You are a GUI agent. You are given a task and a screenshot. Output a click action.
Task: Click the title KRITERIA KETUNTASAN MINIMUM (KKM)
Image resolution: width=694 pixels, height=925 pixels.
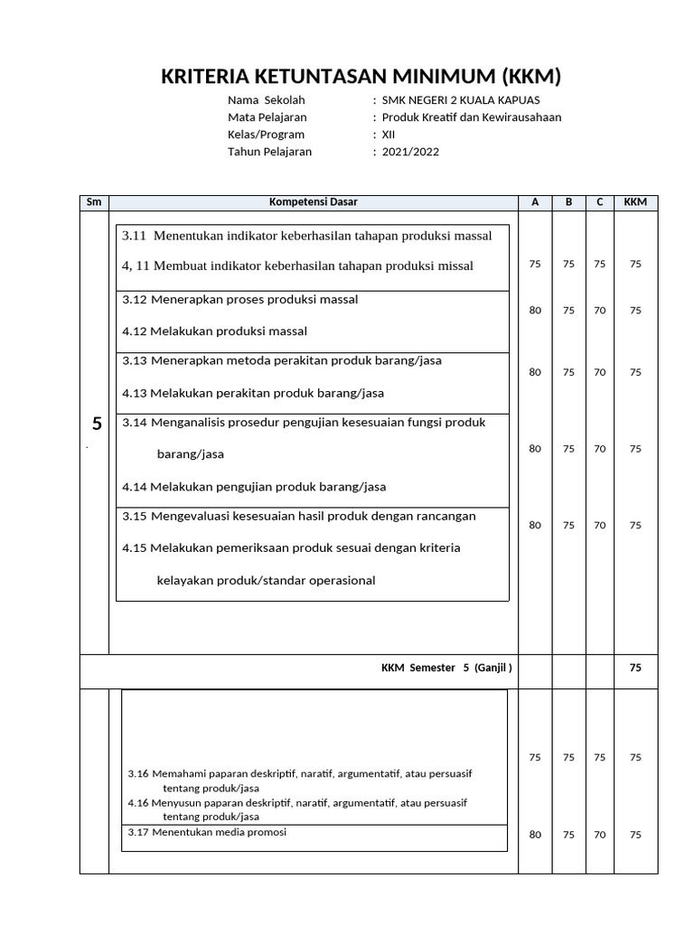click(x=361, y=76)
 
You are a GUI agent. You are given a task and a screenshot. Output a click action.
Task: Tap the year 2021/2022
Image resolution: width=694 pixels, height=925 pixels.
click(x=410, y=152)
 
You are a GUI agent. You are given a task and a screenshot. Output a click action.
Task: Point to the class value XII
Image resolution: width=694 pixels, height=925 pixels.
click(x=389, y=135)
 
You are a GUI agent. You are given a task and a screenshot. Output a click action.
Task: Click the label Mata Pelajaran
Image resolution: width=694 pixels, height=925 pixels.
click(x=267, y=117)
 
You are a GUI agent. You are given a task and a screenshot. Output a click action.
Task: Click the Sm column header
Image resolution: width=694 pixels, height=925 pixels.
click(x=94, y=202)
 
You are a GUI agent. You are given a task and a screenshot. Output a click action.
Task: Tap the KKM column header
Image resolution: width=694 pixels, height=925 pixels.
click(x=635, y=202)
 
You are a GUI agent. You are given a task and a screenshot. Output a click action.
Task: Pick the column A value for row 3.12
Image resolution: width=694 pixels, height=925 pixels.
click(x=535, y=310)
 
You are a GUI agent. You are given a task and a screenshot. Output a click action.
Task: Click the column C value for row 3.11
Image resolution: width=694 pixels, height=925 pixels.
click(x=600, y=264)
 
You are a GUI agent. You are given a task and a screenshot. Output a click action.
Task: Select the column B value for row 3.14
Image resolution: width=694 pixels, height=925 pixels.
click(x=568, y=448)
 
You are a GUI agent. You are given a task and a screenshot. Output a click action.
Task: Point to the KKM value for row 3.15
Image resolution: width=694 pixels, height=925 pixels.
click(x=635, y=525)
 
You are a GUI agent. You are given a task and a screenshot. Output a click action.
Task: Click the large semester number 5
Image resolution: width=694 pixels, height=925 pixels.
click(x=97, y=425)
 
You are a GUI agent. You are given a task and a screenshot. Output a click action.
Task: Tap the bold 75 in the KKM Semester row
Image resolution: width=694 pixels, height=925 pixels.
click(x=635, y=668)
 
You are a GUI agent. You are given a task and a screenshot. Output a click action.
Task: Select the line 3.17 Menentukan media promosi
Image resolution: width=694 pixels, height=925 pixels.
click(x=207, y=832)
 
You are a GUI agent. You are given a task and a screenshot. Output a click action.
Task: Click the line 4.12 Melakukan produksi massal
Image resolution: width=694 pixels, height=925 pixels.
click(x=214, y=331)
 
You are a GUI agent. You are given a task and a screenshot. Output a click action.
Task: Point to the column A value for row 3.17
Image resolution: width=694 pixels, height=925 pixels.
click(x=535, y=835)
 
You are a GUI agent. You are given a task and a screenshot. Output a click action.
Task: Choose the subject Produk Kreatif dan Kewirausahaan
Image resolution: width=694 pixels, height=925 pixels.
click(x=472, y=117)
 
